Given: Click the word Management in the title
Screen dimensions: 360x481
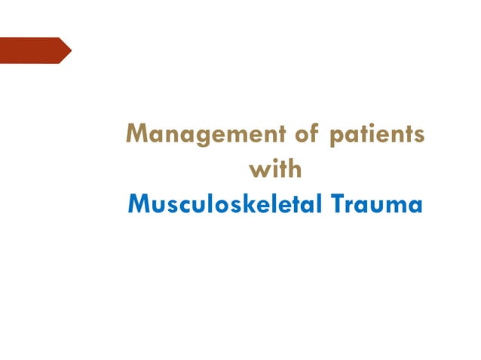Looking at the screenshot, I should (200, 136).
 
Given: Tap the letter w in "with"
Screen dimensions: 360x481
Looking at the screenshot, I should (258, 171).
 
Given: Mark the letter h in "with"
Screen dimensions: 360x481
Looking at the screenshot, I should (295, 169).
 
